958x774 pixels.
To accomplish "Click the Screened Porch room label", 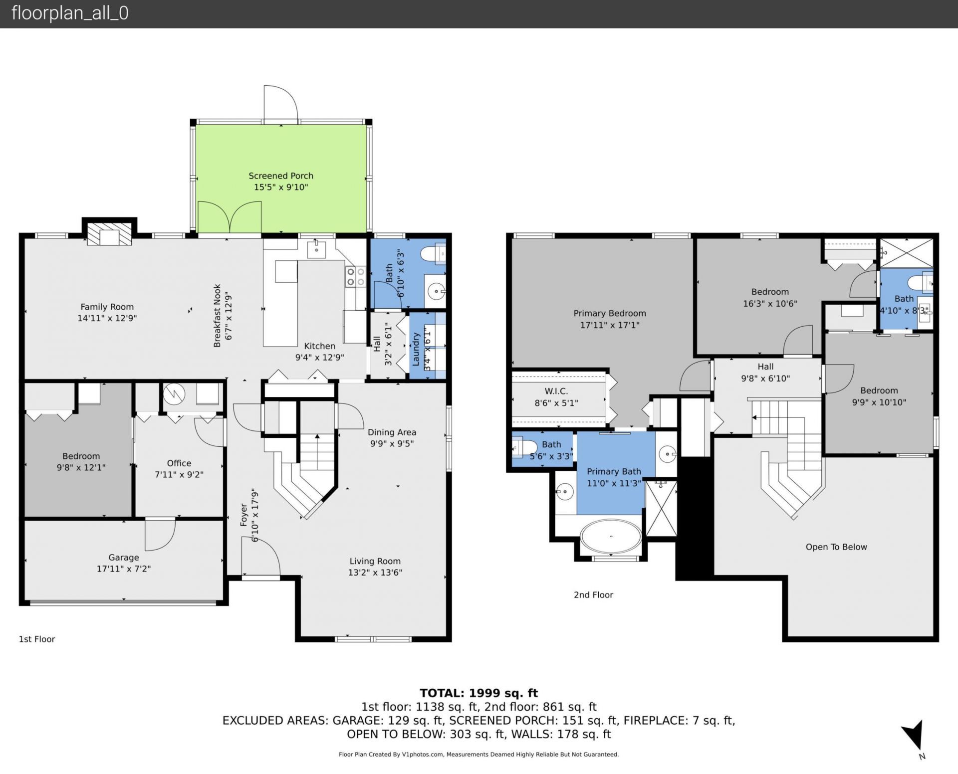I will pyautogui.click(x=281, y=176).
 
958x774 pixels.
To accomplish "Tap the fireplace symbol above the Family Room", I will pyautogui.click(x=109, y=233).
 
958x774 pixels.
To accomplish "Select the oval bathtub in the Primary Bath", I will pyautogui.click(x=611, y=537).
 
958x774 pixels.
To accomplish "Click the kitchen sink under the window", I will pyautogui.click(x=316, y=248).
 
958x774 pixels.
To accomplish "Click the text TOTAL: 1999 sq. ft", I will pyautogui.click(x=479, y=693).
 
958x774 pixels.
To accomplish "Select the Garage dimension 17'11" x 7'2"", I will pyautogui.click(x=124, y=569).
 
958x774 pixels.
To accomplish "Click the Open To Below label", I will pyautogui.click(x=836, y=547).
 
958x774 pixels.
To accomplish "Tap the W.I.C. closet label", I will pyautogui.click(x=556, y=391).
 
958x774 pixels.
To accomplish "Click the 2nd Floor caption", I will pyautogui.click(x=593, y=594).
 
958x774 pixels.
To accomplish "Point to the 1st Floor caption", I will pyautogui.click(x=37, y=639).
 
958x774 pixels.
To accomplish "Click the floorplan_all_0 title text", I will pyautogui.click(x=70, y=13).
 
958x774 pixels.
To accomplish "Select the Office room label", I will pyautogui.click(x=179, y=463).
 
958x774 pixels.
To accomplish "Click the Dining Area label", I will pyautogui.click(x=392, y=432).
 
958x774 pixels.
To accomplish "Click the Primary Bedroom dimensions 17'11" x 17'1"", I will pyautogui.click(x=609, y=325).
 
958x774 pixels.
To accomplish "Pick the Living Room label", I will pyautogui.click(x=375, y=561).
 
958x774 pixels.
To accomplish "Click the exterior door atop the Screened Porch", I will pyautogui.click(x=280, y=104).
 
